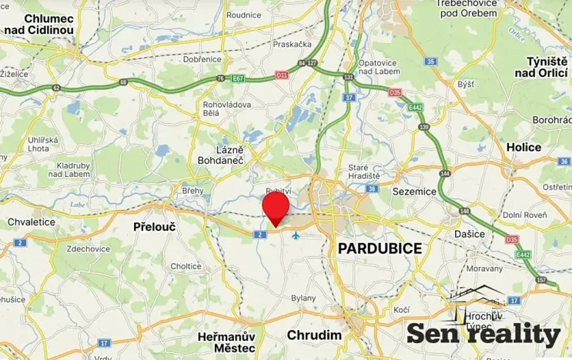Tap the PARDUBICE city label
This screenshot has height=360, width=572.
click(x=380, y=248)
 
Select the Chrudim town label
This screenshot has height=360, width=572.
click(x=313, y=335)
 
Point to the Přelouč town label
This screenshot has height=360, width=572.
click(x=156, y=228)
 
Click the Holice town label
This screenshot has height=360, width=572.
click(x=523, y=147)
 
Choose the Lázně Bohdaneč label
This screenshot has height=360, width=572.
click(x=229, y=154)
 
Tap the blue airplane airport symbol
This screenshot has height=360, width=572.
click(x=295, y=235)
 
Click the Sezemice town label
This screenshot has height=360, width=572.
click(x=414, y=190)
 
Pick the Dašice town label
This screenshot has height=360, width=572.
click(x=469, y=233)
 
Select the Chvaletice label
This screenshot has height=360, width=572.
click(x=32, y=222)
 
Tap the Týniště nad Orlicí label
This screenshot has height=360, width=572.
click(x=546, y=66)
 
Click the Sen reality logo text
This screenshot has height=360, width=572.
click(x=483, y=333)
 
